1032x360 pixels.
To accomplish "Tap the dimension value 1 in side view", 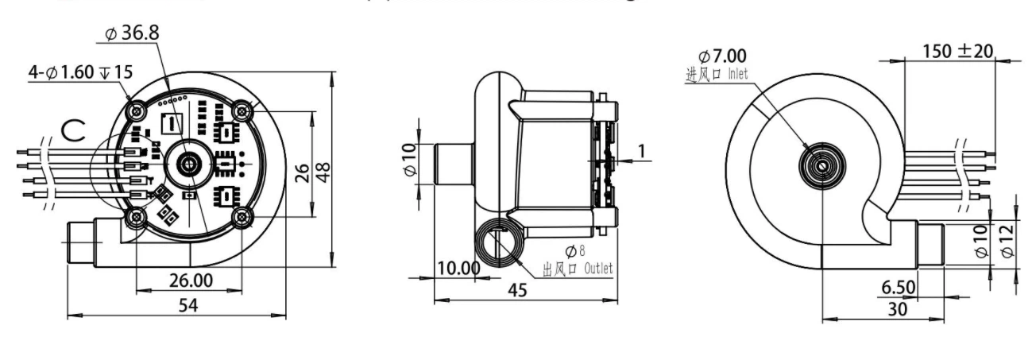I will [640, 151].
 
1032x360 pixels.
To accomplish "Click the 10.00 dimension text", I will [459, 269].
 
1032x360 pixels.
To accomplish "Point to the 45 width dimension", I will [517, 291].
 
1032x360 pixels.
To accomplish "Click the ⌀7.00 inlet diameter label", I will [721, 57].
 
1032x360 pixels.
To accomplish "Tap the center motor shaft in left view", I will [189, 163].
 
